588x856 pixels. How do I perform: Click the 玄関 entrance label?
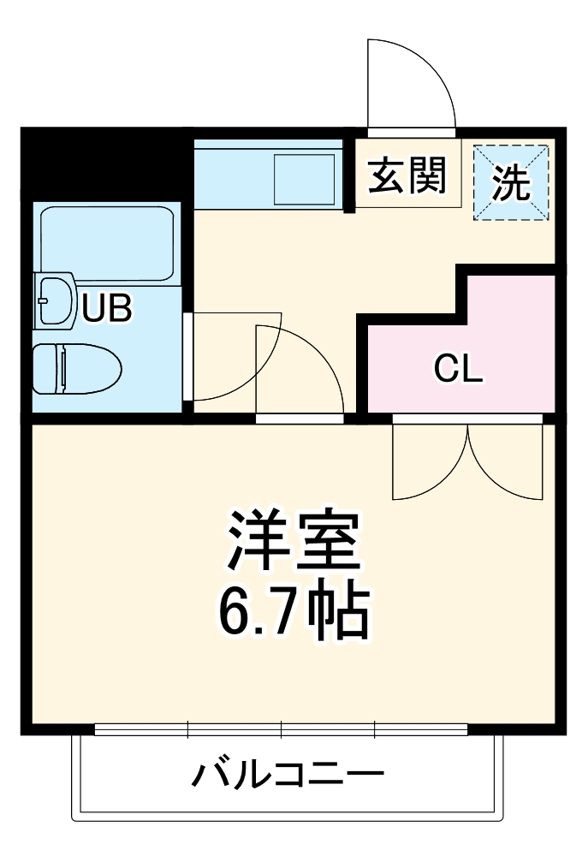point(407,177)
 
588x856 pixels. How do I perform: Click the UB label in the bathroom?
point(106,308)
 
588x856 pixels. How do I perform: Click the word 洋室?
point(291,541)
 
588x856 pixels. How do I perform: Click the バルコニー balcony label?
point(288,776)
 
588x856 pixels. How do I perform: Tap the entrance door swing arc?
point(411,81)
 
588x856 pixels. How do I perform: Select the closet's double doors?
point(467,462)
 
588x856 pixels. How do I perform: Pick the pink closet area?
point(505,334)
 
